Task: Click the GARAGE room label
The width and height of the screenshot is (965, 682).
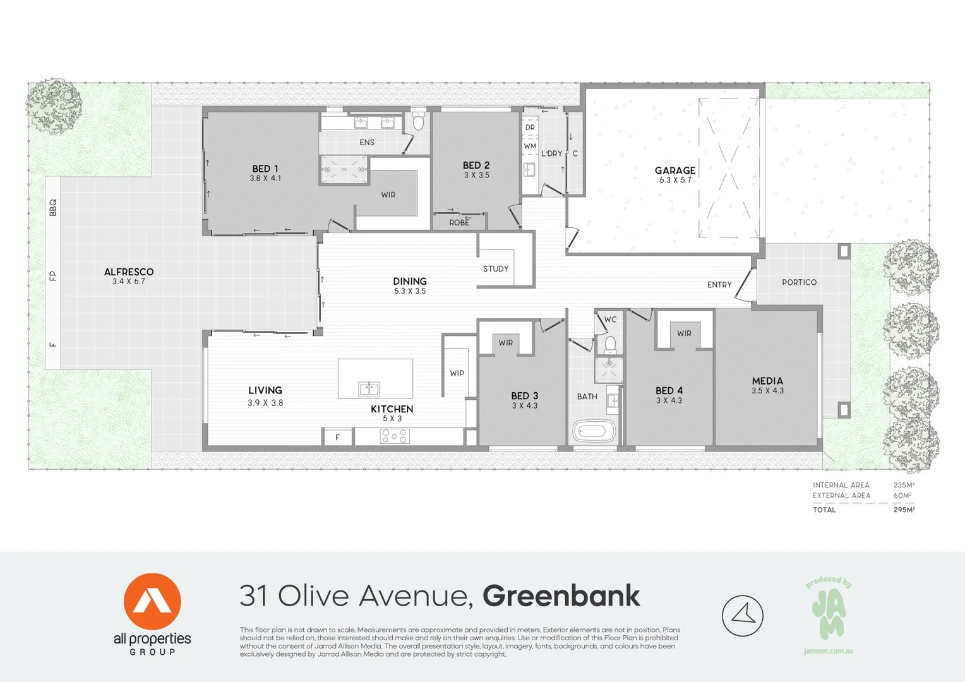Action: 675,170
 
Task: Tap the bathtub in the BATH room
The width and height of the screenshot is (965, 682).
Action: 594,432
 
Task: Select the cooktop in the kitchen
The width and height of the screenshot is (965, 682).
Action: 395,436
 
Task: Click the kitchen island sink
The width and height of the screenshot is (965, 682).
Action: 369,388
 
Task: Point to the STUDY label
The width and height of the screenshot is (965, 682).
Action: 496,269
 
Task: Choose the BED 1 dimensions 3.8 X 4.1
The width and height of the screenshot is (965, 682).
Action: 265,179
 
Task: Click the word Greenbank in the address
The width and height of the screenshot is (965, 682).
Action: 561,596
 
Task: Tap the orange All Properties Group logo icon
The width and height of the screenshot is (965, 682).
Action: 152,601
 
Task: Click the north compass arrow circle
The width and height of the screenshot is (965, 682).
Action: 743,616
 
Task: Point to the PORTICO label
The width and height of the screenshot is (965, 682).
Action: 799,282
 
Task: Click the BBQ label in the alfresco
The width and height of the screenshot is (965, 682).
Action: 53,207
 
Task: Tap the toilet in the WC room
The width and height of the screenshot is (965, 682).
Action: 610,344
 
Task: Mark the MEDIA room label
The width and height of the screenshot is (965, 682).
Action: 767,381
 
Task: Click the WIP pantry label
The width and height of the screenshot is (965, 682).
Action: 457,373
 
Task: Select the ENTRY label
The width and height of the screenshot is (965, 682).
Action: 719,285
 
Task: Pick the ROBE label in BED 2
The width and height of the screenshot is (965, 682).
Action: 459,223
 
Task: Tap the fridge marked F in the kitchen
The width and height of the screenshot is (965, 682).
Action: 338,437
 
